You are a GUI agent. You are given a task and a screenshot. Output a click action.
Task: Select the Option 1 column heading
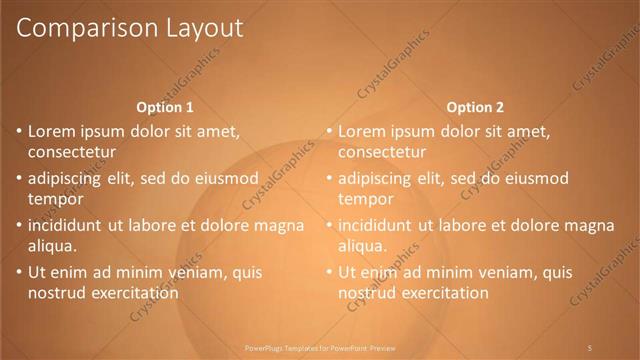[164, 107]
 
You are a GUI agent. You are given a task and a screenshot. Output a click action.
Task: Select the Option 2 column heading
[475, 107]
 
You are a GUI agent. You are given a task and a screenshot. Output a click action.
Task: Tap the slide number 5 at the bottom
[590, 347]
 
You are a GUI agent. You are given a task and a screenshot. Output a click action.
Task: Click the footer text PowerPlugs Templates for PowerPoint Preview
[320, 347]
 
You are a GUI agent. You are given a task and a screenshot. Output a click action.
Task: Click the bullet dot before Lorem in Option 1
[18, 130]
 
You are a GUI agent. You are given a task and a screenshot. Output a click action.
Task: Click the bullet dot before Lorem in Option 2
[328, 130]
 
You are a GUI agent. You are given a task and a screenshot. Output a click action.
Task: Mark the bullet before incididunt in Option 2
[328, 225]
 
